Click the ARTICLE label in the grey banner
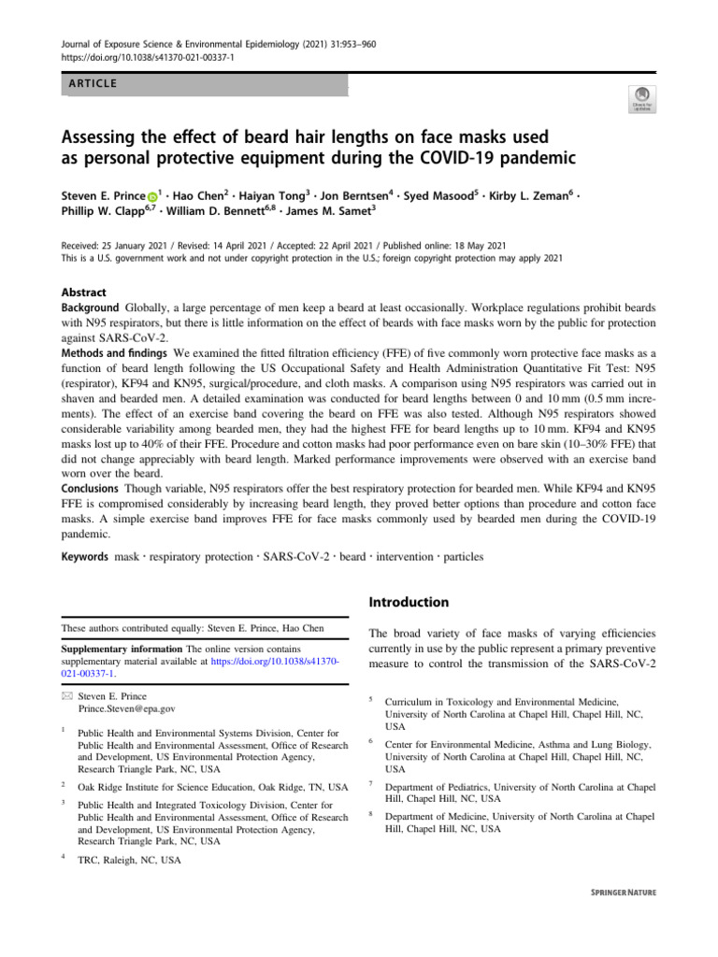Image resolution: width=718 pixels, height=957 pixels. [91, 84]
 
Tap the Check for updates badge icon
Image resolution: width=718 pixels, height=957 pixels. [642, 98]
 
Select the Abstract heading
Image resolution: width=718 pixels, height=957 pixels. [83, 293]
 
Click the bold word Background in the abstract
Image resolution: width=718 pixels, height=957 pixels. [91, 307]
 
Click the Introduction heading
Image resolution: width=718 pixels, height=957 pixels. [410, 602]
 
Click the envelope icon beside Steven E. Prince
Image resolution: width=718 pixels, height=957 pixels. [65, 696]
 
